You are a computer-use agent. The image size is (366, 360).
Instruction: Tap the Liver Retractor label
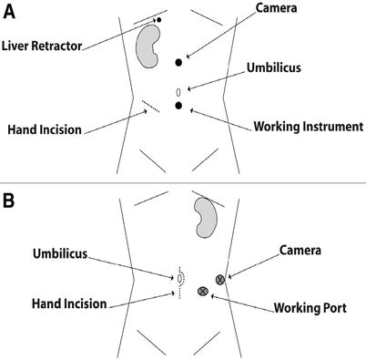pyautogui.click(x=44, y=44)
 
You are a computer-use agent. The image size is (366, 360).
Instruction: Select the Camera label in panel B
pyautogui.click(x=300, y=249)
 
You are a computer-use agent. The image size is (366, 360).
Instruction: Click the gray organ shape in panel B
pyautogui.click(x=206, y=218)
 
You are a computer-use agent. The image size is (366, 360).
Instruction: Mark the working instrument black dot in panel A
pyautogui.click(x=179, y=107)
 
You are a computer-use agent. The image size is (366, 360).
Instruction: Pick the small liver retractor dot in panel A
pyautogui.click(x=158, y=19)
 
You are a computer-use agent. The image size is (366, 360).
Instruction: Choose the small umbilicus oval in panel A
pyautogui.click(x=178, y=92)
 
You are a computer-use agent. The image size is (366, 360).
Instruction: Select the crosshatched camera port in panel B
pyautogui.click(x=219, y=278)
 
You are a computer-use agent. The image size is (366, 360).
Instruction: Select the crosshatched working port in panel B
pyautogui.click(x=203, y=291)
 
